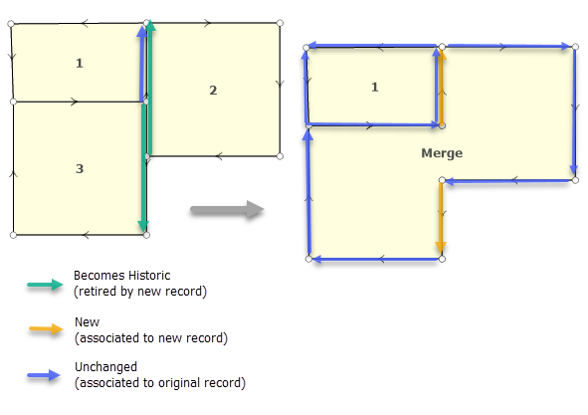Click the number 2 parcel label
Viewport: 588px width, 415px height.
click(x=213, y=90)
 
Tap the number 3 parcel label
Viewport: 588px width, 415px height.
click(x=80, y=169)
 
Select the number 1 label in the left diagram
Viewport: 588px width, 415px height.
click(x=80, y=63)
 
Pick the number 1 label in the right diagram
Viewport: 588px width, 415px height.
click(x=375, y=87)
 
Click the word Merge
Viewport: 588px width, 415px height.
click(x=442, y=153)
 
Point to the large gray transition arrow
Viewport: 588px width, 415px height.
click(x=227, y=209)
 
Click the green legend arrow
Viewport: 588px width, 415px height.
click(x=45, y=285)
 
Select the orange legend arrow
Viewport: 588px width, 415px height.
click(x=46, y=329)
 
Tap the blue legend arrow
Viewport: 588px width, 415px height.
click(x=44, y=375)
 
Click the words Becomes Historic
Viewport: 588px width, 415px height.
click(x=121, y=276)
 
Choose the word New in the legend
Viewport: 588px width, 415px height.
click(x=87, y=321)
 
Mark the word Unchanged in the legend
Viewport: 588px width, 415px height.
click(x=105, y=366)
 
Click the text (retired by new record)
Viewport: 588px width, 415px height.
click(x=140, y=292)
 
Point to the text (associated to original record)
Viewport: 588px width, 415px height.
click(x=160, y=383)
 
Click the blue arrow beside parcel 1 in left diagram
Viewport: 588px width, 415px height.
click(x=141, y=64)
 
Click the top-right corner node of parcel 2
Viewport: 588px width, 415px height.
click(x=280, y=23)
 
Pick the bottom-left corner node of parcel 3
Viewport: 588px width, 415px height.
click(x=13, y=235)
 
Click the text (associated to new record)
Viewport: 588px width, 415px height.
click(x=151, y=338)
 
